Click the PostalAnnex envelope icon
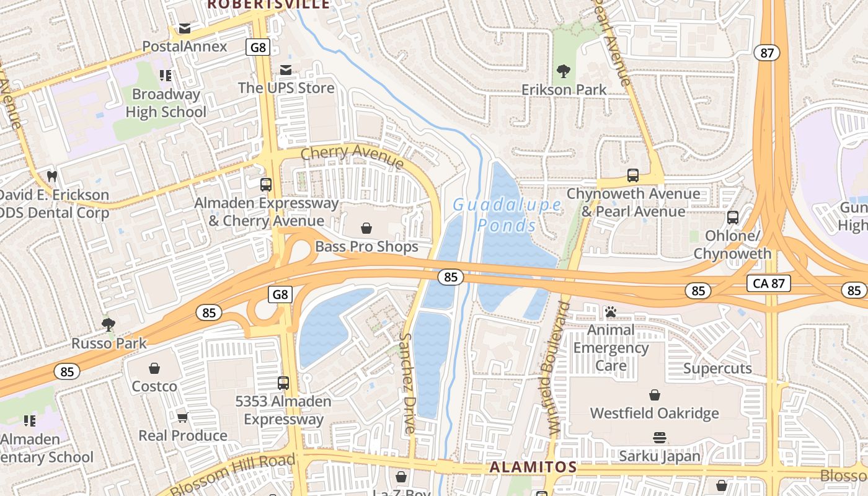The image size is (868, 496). coord(185,28)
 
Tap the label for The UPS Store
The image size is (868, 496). coord(286,88)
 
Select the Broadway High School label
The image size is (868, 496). coord(166,103)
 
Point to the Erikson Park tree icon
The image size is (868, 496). coord(564,71)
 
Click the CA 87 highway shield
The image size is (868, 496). coord(769,283)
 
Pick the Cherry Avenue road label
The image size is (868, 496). coord(352,157)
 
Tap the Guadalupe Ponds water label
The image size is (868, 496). coord(507,214)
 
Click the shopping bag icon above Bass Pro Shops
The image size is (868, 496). coord(366,229)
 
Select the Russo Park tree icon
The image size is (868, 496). coord(108,324)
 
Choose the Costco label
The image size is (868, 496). coord(154,386)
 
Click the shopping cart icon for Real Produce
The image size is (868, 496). coord(182,417)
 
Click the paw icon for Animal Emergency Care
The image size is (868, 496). coord(611,312)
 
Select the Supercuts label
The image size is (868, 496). coord(717,369)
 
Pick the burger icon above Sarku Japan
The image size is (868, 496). coord(660,438)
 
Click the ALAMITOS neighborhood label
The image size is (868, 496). coord(533,467)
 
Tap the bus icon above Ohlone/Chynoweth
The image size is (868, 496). coord(733,218)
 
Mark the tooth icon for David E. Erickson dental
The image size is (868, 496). coord(52,176)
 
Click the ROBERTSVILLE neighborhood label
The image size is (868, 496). coord(268,4)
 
